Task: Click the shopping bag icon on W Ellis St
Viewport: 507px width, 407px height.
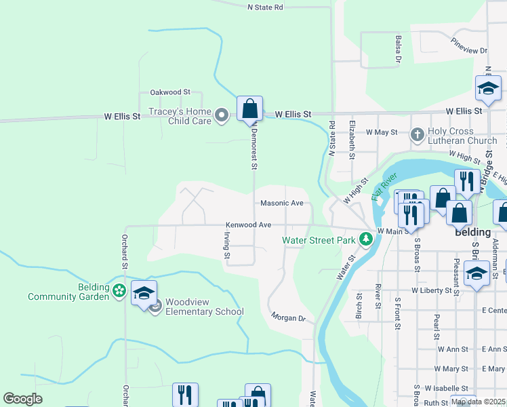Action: [249, 108]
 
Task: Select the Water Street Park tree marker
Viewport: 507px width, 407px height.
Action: [366, 238]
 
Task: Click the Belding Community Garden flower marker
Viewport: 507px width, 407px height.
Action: [119, 290]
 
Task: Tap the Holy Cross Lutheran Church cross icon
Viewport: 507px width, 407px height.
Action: [417, 134]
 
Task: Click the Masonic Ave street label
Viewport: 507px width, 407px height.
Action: [281, 203]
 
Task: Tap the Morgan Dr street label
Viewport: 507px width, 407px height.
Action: [289, 317]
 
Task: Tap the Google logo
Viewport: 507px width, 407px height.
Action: [23, 399]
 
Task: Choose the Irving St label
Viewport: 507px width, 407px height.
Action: [227, 244]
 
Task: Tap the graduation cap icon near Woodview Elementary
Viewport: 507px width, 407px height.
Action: [144, 294]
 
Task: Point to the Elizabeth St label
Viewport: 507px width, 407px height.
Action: [352, 139]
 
